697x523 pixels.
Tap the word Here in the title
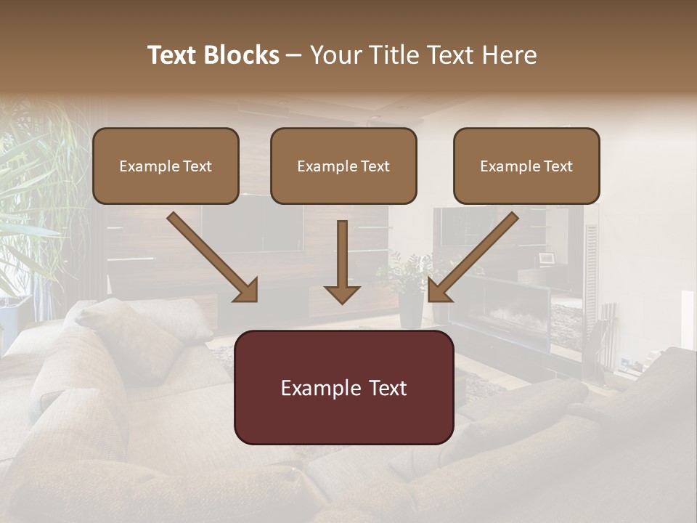click(509, 55)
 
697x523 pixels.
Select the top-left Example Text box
click(166, 166)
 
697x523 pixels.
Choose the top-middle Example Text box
click(343, 166)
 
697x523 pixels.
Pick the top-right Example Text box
click(526, 166)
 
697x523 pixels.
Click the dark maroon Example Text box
click(343, 387)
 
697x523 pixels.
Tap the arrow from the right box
click(476, 254)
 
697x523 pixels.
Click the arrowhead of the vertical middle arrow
click(342, 293)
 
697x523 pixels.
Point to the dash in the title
click(294, 55)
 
